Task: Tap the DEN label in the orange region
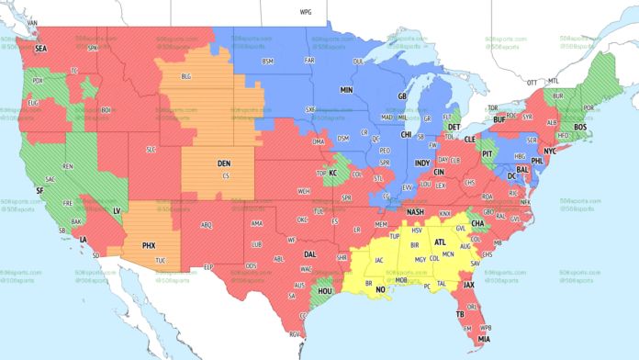pos(224,163)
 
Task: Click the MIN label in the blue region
pos(346,91)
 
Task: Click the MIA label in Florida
pos(483,341)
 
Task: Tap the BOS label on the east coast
pos(579,128)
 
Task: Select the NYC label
pos(551,150)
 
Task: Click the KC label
pos(333,173)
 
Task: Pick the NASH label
pos(416,212)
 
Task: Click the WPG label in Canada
pos(306,13)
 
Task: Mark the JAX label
pos(468,285)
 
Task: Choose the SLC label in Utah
pos(151,148)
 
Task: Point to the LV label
pos(118,210)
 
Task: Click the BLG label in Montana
pos(186,76)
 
